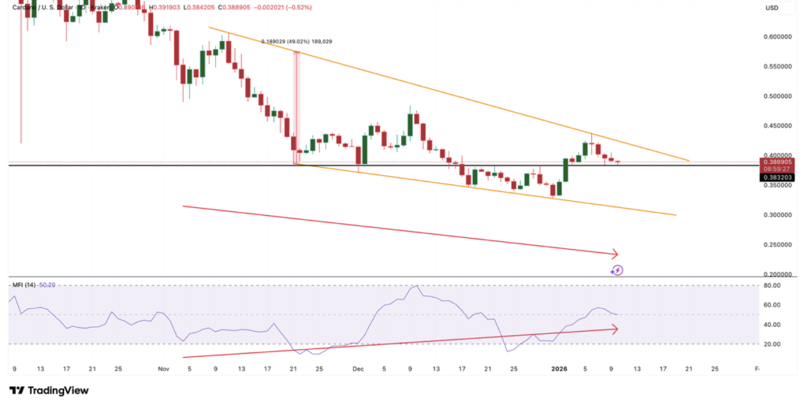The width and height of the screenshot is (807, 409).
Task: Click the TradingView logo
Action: point(49,390)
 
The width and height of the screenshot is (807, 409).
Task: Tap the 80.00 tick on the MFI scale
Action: point(772,285)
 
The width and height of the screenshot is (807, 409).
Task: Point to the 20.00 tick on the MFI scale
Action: point(772,344)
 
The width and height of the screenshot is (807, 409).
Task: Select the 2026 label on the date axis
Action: point(559,368)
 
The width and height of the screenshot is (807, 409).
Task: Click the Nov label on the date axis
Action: point(163,368)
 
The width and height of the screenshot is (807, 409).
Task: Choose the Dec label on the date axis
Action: point(358,368)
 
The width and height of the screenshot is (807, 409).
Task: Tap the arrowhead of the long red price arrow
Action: point(615,254)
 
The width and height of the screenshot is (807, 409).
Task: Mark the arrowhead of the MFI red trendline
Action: point(614,329)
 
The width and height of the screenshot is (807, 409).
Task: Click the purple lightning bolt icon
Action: point(618,270)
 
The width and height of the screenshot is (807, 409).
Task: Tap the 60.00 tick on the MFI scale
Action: point(772,305)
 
